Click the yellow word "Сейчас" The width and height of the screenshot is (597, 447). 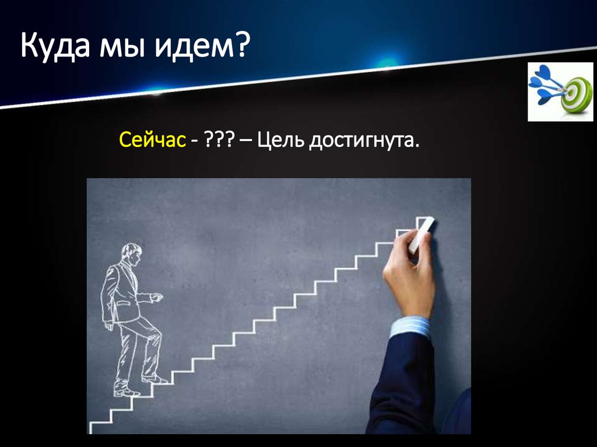(153, 140)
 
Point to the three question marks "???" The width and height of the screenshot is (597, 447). (216, 140)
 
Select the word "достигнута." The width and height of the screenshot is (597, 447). (364, 140)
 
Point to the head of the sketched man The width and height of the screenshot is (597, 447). (132, 254)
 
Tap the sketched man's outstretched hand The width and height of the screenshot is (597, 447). (156, 297)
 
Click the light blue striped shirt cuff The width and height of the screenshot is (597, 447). (410, 327)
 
